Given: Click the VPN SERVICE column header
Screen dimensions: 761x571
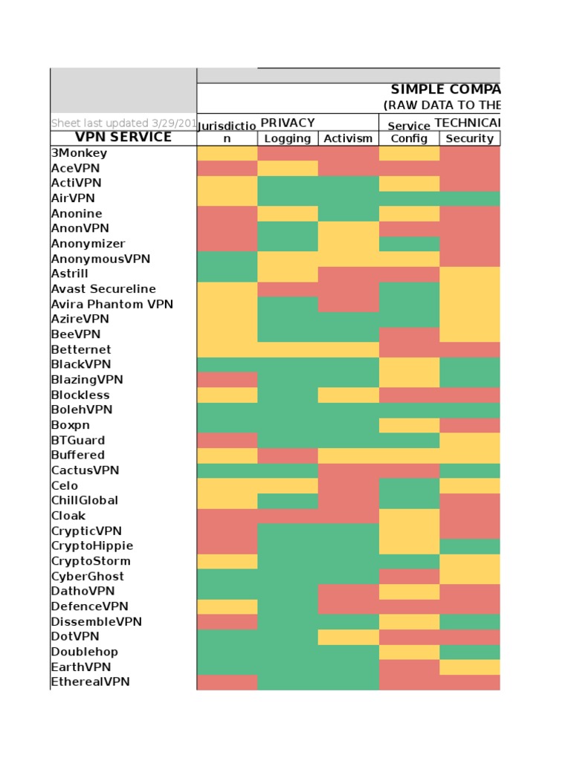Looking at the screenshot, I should [123, 137].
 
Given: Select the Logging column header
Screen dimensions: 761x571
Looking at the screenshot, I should [288, 138].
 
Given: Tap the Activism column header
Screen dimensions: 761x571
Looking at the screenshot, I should [348, 138].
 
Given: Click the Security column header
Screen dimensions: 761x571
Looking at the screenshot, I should [469, 138].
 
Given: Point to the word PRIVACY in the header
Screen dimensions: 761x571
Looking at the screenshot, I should [288, 123].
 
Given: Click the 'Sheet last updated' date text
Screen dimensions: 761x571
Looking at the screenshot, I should [123, 123].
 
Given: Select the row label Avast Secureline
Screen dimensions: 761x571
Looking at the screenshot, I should [103, 289].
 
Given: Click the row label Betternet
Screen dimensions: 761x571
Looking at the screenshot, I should [81, 349].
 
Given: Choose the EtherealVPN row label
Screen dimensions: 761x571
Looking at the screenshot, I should [90, 682].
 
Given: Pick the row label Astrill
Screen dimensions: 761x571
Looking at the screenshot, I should [70, 273].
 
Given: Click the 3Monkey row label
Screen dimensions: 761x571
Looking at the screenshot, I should [79, 153].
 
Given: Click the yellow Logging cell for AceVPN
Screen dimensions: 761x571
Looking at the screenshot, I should [288, 168].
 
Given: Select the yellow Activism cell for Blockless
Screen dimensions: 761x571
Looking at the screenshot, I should [348, 395].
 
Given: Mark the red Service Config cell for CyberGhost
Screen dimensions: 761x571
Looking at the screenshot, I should [409, 577].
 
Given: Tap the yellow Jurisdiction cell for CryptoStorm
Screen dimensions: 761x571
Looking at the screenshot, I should [228, 561].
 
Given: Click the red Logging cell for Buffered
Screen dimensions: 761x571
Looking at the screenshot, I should [288, 455].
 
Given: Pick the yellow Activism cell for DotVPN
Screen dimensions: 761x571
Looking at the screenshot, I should [348, 637].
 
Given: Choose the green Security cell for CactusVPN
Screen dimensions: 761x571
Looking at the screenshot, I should [469, 470].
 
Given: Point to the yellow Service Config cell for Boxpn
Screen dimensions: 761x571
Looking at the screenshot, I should [409, 425].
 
